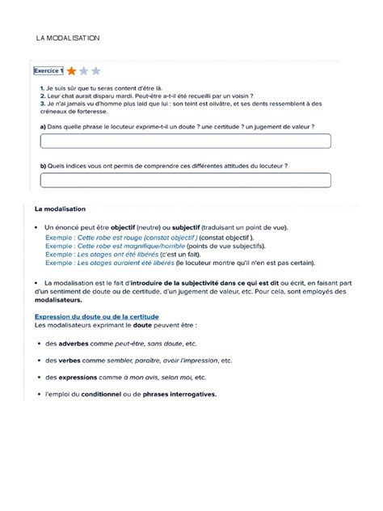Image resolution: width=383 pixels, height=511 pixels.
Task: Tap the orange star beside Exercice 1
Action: tap(73, 71)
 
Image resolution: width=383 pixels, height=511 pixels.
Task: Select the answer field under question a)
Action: tap(175, 141)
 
